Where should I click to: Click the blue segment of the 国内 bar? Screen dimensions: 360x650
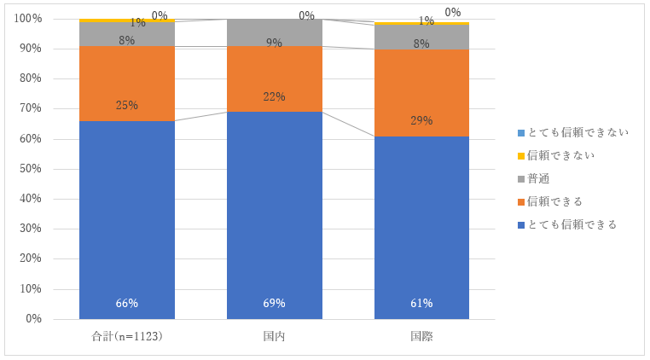tap(274, 213)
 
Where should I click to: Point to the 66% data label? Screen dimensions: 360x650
tap(127, 304)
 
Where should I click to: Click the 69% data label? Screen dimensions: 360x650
tap(274, 304)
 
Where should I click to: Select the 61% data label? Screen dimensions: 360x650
tap(421, 304)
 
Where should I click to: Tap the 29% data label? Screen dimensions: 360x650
tap(421, 120)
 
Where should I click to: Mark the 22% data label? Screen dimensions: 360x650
tap(274, 96)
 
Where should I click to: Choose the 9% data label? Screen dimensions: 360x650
tap(274, 42)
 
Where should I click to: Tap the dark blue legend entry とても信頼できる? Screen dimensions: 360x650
tap(567, 224)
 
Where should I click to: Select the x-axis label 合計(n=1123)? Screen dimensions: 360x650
tap(127, 336)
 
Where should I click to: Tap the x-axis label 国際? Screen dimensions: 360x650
tap(421, 336)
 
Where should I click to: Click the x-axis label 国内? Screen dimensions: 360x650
tap(274, 336)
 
